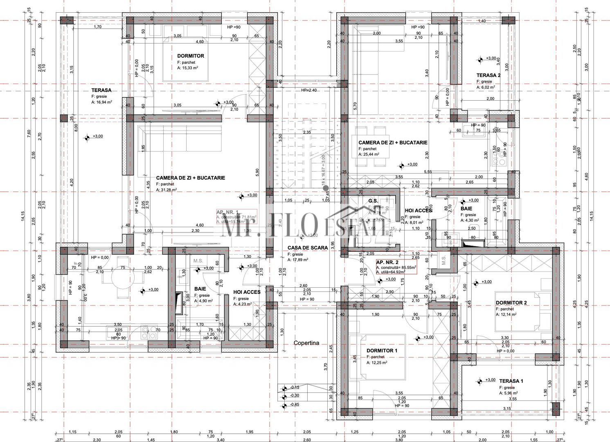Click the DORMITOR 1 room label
[x=382, y=351]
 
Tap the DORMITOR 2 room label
[x=511, y=303]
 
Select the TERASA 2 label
[x=488, y=75]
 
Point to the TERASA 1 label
[x=511, y=381]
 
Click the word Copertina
[x=306, y=343]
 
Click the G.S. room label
[x=373, y=201]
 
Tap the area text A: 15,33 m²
[x=187, y=68]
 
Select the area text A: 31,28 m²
[x=166, y=190]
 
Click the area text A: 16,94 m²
[x=101, y=102]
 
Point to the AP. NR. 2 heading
[x=387, y=262]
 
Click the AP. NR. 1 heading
[x=227, y=212]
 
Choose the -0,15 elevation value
[x=295, y=387]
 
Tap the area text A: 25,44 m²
[x=369, y=155]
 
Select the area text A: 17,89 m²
[x=297, y=259]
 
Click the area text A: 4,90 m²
[x=203, y=301]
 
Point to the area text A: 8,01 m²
[x=414, y=223]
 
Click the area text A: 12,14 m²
[x=506, y=315]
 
